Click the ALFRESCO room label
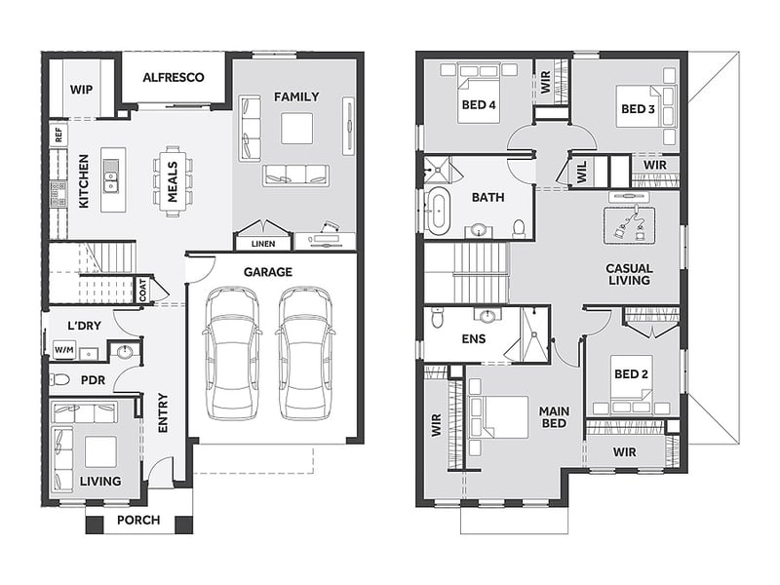174,78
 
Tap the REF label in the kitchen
58,135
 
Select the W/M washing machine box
64,350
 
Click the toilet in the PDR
59,380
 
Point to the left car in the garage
232,353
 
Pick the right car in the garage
304,353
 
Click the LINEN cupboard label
262,244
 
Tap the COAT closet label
143,290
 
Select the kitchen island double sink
111,176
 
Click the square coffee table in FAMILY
297,129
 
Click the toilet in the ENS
437,318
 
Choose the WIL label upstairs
582,172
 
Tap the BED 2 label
631,374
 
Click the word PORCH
138,521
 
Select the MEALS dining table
173,181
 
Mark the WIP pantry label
81,90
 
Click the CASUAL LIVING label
629,275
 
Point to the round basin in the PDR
124,352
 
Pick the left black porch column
95,525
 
